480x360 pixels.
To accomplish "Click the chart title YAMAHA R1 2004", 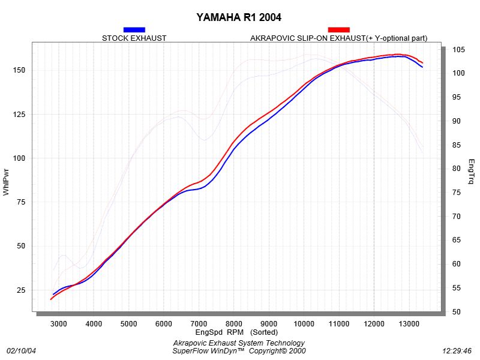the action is (239, 17).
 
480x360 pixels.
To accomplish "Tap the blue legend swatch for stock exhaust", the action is (134, 29).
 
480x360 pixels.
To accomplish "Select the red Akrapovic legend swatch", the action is (338, 29).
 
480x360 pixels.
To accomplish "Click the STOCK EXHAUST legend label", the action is (134, 38).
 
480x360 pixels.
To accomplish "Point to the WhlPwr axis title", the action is (6, 182).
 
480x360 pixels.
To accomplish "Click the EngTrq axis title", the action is (471, 172).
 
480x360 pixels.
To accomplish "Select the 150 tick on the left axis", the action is (19, 70).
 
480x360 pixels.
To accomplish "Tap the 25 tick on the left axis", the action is (21, 290).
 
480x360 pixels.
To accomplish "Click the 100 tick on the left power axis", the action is (19, 158).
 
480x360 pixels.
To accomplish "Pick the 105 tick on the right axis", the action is (458, 50).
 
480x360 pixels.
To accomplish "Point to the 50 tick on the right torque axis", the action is (457, 311).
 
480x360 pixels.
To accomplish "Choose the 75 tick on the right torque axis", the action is (457, 193).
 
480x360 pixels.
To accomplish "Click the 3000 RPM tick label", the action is (58, 324).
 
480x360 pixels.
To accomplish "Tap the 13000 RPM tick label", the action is (409, 324).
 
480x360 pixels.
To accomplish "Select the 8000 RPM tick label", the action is (234, 324).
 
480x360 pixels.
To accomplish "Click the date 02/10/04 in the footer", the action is (21, 351).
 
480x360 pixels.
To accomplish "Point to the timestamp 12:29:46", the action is (457, 351).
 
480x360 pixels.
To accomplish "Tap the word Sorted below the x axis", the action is (264, 332).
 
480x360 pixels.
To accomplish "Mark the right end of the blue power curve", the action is (423, 67).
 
